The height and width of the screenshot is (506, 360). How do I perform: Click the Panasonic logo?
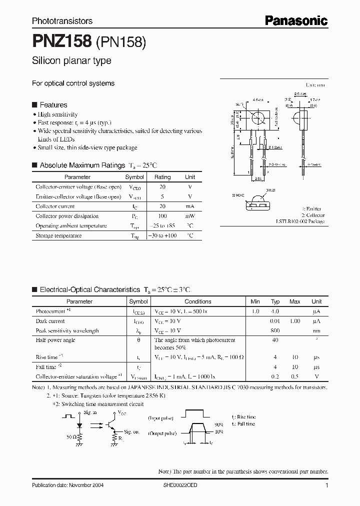click(x=296, y=20)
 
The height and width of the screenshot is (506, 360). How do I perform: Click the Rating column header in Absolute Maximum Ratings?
click(x=162, y=177)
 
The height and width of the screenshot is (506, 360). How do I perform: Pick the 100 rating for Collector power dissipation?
click(x=162, y=216)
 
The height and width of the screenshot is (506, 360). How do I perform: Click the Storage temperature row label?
click(x=58, y=235)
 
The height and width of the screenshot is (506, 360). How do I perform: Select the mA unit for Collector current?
click(x=190, y=206)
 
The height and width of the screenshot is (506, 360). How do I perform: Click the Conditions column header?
click(x=198, y=301)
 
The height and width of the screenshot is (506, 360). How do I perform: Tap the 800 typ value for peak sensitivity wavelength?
click(x=275, y=330)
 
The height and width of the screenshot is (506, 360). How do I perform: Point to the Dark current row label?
click(x=50, y=321)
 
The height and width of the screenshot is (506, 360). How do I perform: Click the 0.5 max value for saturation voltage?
click(x=295, y=376)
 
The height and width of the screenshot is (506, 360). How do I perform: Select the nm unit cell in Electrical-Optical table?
click(x=316, y=330)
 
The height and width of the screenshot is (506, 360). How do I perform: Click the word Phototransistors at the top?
click(x=62, y=21)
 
